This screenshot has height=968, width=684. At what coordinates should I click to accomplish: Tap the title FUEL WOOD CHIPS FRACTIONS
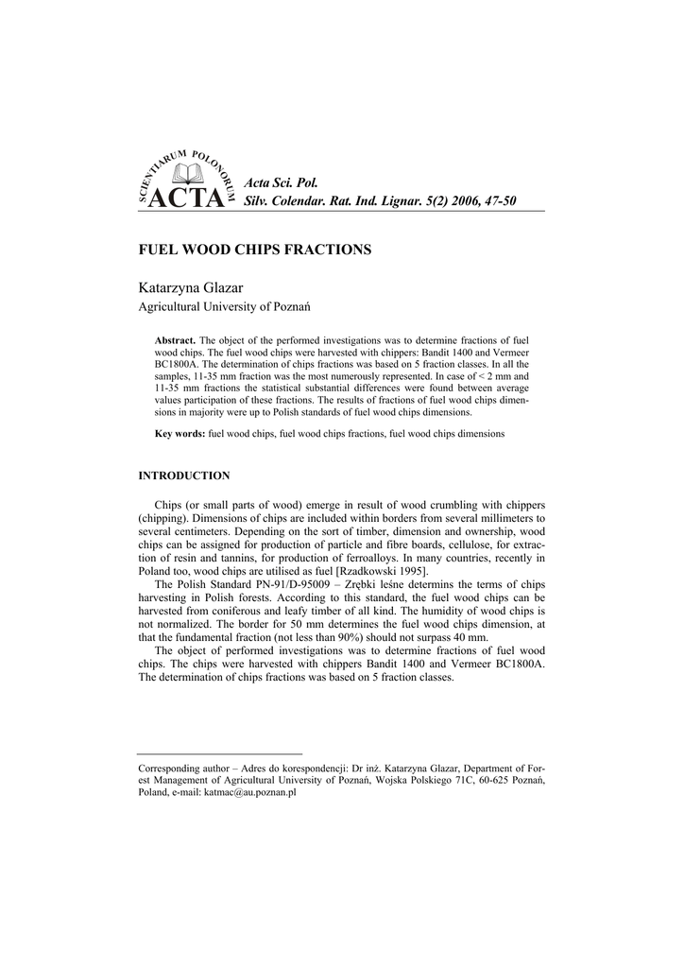click(255, 250)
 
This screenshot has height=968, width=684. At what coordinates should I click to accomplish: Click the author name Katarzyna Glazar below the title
click(191, 286)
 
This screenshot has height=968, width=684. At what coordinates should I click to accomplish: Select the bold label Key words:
click(180, 433)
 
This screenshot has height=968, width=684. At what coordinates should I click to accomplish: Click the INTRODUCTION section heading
click(184, 475)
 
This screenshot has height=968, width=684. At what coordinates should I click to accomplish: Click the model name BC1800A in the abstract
click(178, 364)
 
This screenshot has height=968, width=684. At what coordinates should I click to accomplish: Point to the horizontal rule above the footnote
click(220, 753)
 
